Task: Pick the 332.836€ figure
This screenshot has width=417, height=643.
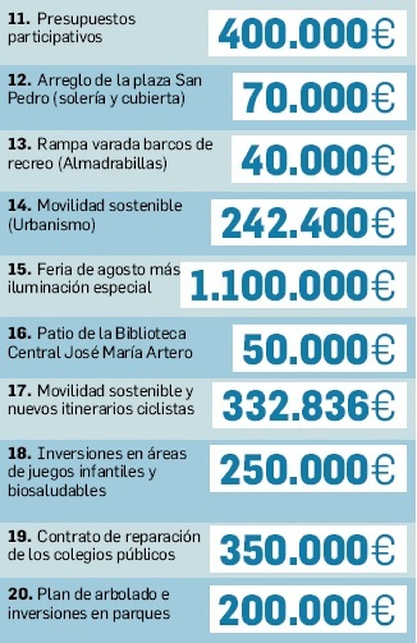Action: pos(308,405)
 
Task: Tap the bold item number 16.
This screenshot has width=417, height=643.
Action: pos(19,334)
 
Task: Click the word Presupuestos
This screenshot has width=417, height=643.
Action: pos(86,20)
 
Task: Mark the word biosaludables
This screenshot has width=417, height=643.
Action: pos(57,490)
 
